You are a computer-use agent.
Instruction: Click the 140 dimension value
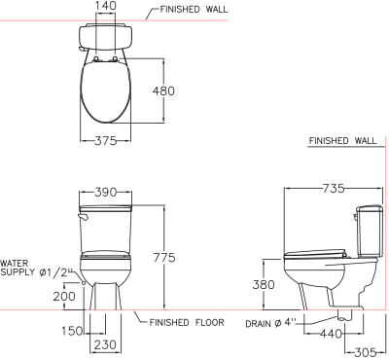[x=106, y=6]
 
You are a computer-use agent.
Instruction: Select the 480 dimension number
[x=163, y=91]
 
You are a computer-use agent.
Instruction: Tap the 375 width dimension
[x=105, y=141]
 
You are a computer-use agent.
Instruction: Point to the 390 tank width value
[x=106, y=193]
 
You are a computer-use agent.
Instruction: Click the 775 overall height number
[x=164, y=258]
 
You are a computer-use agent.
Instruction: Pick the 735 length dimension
[x=334, y=188]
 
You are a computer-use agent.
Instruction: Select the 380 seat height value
[x=264, y=284]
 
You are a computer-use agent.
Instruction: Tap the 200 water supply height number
[x=64, y=296]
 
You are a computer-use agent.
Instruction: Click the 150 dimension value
[x=72, y=331]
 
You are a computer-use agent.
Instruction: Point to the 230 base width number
[x=105, y=344]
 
